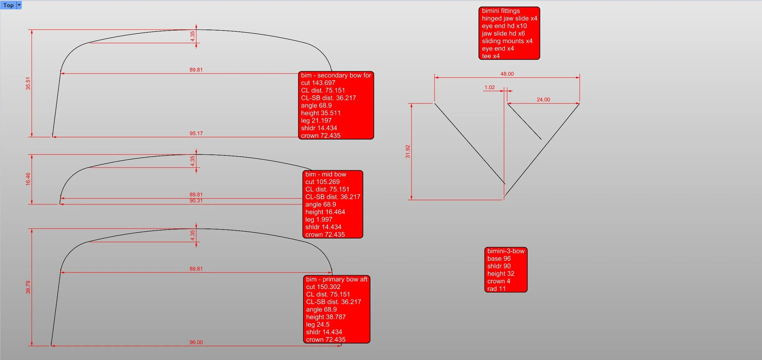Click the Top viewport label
pos(8,5)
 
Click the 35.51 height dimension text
pos(28,83)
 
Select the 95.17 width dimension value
pos(196,133)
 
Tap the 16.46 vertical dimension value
pos(28,179)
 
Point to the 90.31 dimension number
pos(196,201)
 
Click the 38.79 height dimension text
pos(28,287)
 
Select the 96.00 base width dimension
pos(196,342)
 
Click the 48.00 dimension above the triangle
pos(507,74)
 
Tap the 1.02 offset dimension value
pos(489,87)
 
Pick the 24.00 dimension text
pos(543,99)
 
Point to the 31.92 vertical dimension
pos(408,151)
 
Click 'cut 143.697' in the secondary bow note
pos(318,83)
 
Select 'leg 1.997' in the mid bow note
pos(318,220)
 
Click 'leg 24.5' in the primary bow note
pos(317,324)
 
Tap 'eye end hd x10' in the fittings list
pos(504,26)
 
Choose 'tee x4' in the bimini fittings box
pos(491,56)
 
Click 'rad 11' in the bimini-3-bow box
pos(496,289)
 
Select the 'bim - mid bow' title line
pos(326,174)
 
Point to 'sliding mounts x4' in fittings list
pos(507,41)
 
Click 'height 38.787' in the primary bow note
pos(326,317)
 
